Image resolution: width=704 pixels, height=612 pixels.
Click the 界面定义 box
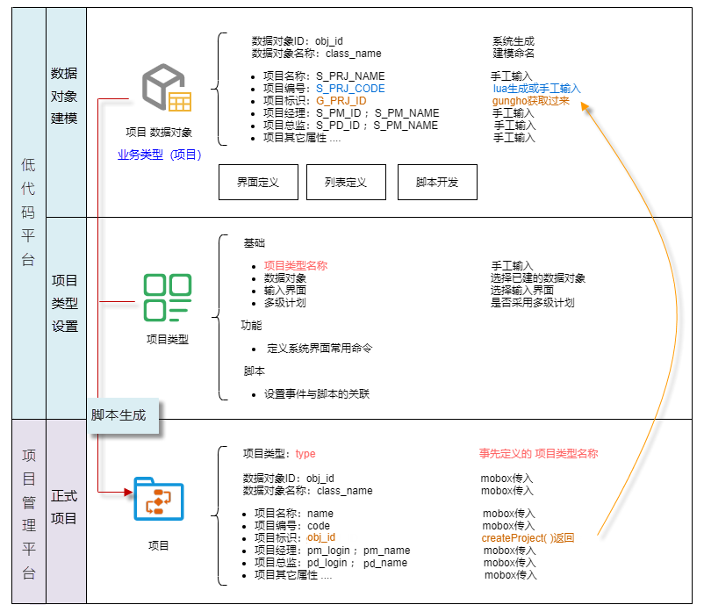[x=257, y=183]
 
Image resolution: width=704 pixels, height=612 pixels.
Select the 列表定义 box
[x=345, y=183]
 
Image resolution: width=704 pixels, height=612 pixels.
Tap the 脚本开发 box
[x=437, y=183]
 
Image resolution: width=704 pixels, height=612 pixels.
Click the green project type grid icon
[x=167, y=298]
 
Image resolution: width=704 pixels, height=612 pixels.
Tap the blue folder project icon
[x=158, y=500]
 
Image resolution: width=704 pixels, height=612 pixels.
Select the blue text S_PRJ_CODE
[x=350, y=89]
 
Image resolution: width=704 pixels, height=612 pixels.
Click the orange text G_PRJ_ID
[x=341, y=101]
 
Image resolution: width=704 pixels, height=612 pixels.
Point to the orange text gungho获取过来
[x=530, y=101]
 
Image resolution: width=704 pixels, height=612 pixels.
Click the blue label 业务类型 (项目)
[x=160, y=155]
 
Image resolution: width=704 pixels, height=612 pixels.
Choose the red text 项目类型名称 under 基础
[x=296, y=266]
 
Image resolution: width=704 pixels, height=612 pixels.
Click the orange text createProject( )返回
[x=528, y=538]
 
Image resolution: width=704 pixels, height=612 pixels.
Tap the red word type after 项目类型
[x=305, y=454]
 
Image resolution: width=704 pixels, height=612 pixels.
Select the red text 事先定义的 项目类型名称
[x=538, y=454]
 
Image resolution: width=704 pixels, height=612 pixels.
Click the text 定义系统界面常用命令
[x=320, y=349]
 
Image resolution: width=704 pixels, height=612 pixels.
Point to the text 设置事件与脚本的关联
[x=317, y=394]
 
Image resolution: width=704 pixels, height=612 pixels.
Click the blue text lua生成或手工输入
[x=536, y=89]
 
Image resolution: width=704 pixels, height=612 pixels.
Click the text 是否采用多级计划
[x=532, y=303]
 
